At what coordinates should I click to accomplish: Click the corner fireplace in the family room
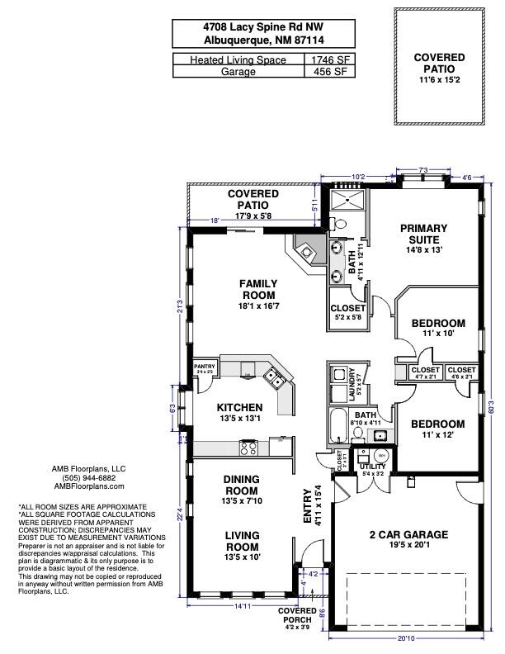(304, 250)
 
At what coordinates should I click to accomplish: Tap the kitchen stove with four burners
(248, 448)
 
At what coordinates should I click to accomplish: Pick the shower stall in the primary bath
(348, 200)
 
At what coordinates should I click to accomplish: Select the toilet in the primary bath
(340, 223)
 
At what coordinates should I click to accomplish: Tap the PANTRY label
(204, 368)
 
